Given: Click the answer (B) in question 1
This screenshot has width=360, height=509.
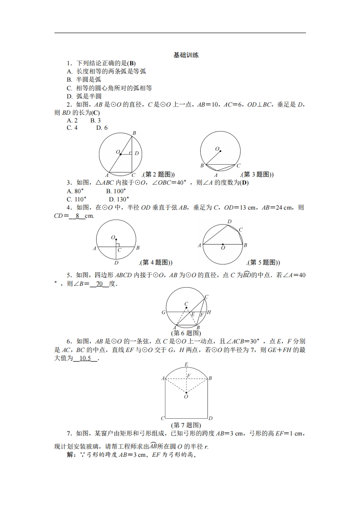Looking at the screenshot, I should click(x=132, y=64).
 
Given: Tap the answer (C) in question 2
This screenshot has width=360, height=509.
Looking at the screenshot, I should click(x=96, y=113).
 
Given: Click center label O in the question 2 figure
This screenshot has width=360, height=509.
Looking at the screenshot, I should click(x=117, y=152).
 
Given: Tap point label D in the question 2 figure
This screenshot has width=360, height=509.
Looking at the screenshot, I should click(x=136, y=153).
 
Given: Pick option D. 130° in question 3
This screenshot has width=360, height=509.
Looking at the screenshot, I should click(x=119, y=199).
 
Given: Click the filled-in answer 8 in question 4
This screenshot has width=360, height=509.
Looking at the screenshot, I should click(x=78, y=216).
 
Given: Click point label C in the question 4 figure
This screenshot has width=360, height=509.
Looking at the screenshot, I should click(x=119, y=250).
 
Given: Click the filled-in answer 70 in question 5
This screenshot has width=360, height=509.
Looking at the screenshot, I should click(x=100, y=284).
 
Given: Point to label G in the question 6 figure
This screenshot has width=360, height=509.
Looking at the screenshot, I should click(x=163, y=313).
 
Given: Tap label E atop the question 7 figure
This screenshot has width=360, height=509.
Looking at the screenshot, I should click(x=186, y=364).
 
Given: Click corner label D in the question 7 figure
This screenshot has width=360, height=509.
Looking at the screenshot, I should click(x=211, y=418).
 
